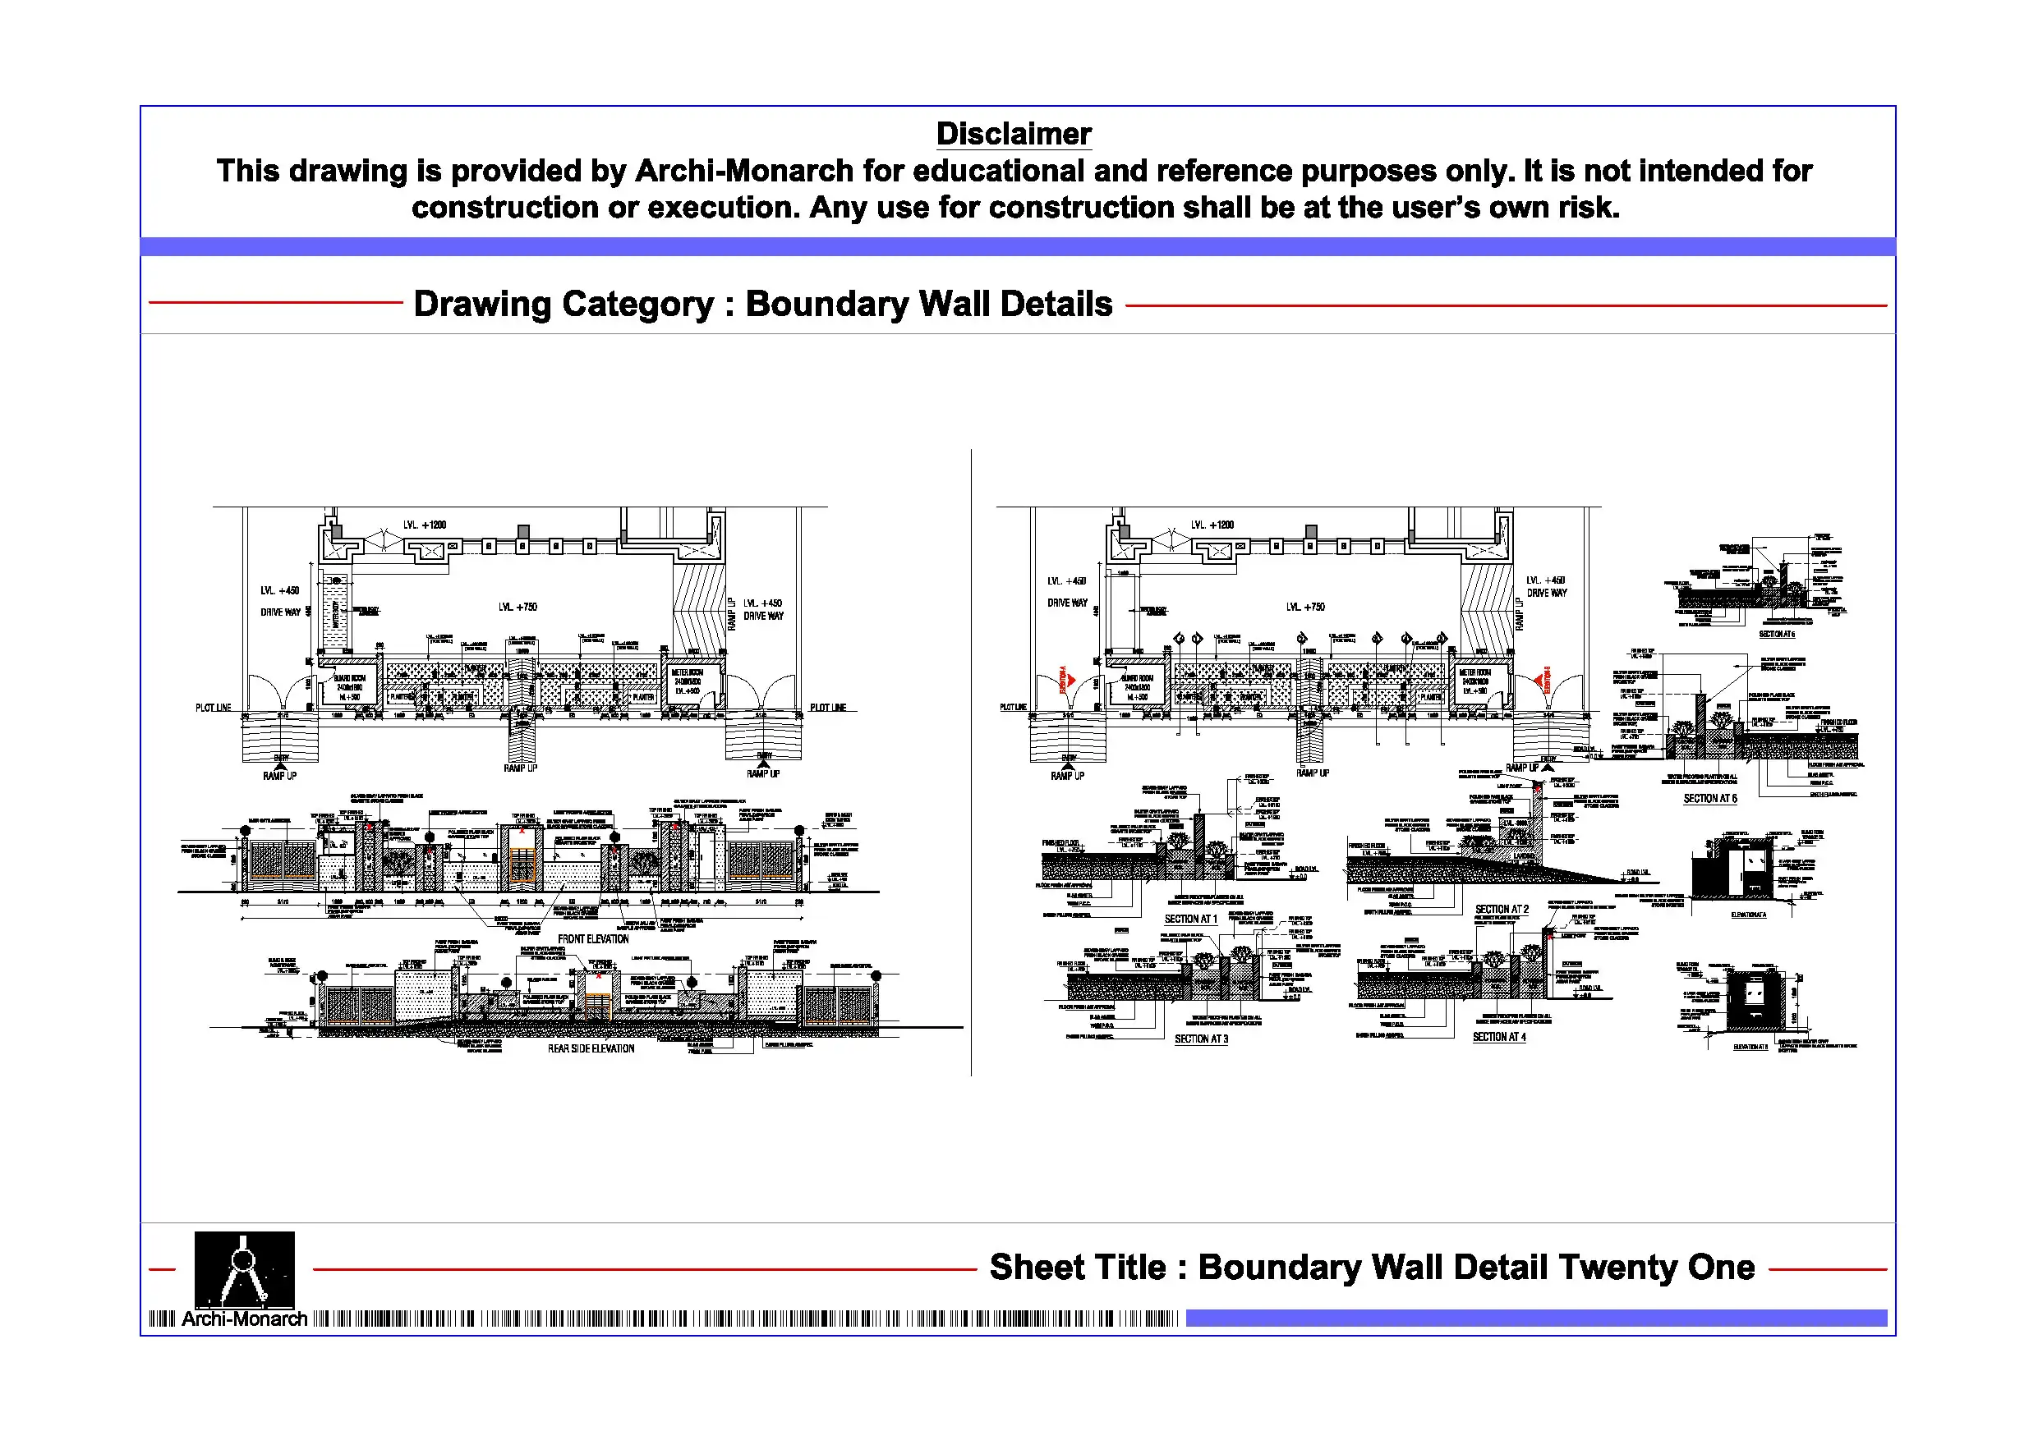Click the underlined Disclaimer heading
tap(1014, 134)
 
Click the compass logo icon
tap(244, 1268)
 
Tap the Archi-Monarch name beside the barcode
tap(244, 1319)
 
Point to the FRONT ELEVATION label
tap(593, 938)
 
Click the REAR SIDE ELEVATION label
tap(591, 1048)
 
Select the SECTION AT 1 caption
tap(1190, 919)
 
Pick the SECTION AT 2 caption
tap(1502, 910)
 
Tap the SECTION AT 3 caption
tap(1201, 1039)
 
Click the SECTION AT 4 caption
tap(1499, 1036)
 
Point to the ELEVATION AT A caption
tap(1749, 915)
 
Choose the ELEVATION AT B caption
tap(1750, 1047)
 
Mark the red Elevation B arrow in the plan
tap(1539, 681)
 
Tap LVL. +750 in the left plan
tap(518, 607)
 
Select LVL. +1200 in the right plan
tap(1212, 525)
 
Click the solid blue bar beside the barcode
tap(1535, 1318)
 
